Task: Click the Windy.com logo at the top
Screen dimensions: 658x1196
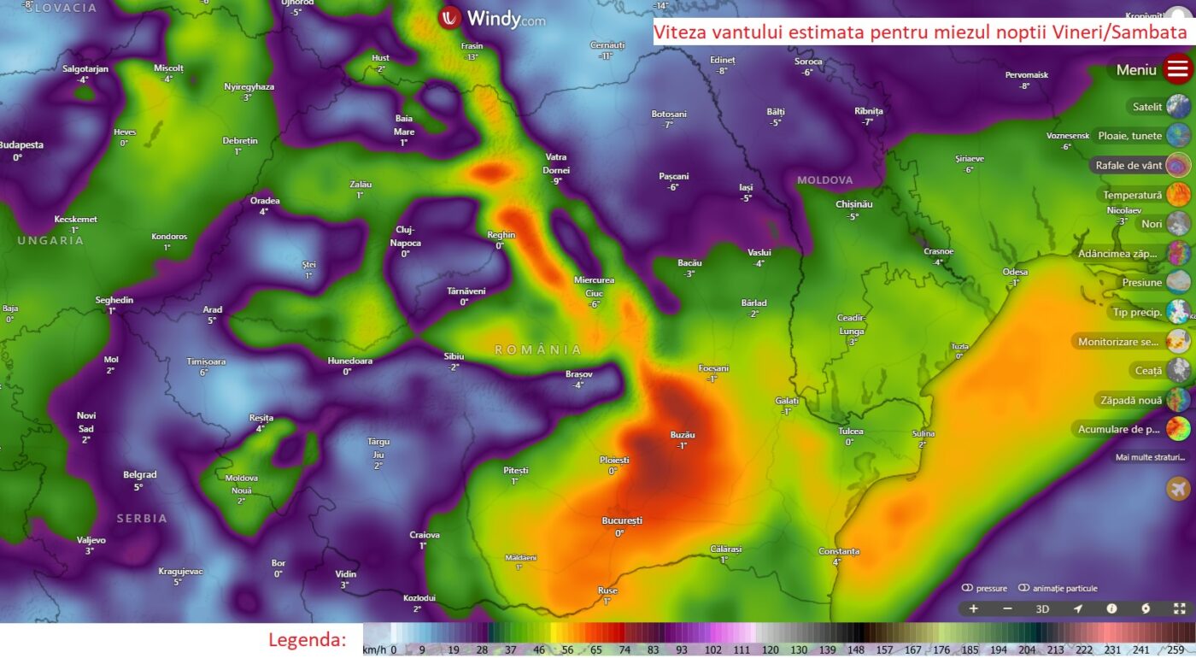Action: tap(492, 18)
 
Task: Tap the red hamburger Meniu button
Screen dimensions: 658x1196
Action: tap(1177, 69)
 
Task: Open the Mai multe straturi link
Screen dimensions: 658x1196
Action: tap(1150, 457)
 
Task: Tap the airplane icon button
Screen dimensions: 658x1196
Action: tap(1178, 489)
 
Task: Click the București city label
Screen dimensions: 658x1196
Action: tap(621, 520)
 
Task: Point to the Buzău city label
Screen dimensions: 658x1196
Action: tap(682, 435)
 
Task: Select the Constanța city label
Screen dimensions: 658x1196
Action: tap(838, 551)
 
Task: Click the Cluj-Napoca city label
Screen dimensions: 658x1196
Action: tap(406, 236)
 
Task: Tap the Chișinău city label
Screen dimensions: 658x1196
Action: tap(853, 204)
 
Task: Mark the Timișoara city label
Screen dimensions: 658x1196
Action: tap(206, 361)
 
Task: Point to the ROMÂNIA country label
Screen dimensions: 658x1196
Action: tap(538, 350)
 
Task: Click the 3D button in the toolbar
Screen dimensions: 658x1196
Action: tap(1042, 609)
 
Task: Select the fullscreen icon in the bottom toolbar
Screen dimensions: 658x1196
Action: tap(1179, 609)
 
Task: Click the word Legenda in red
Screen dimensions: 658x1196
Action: tap(308, 640)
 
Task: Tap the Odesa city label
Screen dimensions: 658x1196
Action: tap(1015, 272)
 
